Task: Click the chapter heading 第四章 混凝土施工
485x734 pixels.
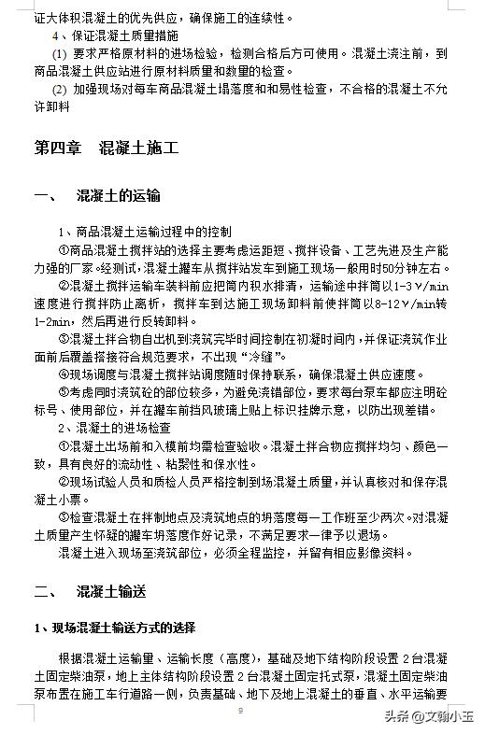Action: click(106, 148)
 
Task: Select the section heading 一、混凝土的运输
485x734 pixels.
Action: click(97, 196)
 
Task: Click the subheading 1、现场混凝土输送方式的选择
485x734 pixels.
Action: click(114, 627)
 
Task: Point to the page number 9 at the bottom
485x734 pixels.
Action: click(240, 712)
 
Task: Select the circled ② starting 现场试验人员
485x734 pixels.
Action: click(64, 482)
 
